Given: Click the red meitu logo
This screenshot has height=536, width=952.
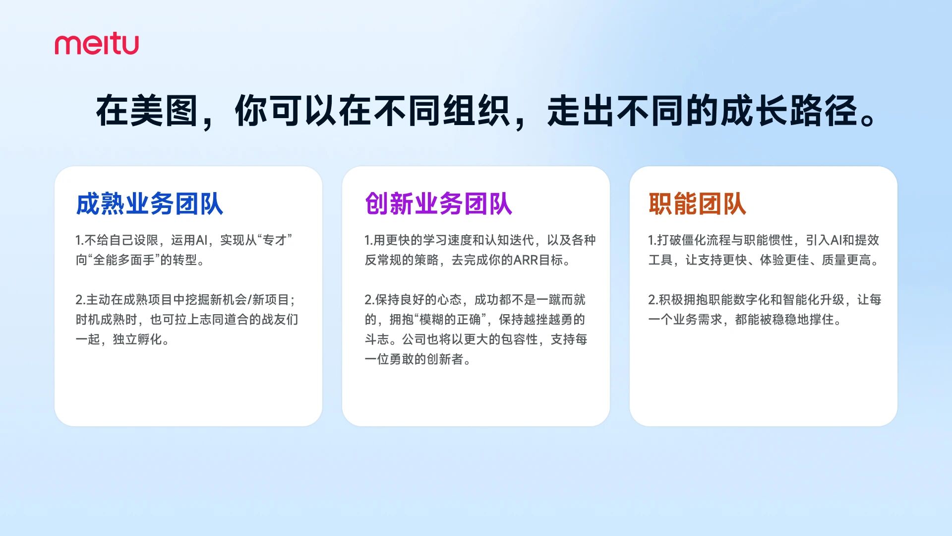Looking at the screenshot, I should pos(97,44).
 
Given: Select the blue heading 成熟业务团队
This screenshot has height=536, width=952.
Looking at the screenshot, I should pos(149,204).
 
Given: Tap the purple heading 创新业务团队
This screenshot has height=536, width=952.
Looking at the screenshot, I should pos(438,204).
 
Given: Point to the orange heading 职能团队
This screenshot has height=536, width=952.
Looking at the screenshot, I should pos(697,204).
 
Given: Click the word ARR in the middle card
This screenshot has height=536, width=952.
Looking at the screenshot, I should pos(526,260).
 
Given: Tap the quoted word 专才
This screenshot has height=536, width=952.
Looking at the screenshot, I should pos(275,240).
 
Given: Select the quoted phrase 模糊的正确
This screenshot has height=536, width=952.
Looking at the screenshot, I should pos(450,320).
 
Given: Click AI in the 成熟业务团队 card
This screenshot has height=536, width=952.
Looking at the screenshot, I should pos(201,240).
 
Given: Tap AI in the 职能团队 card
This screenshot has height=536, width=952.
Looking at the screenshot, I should pos(836,240).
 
